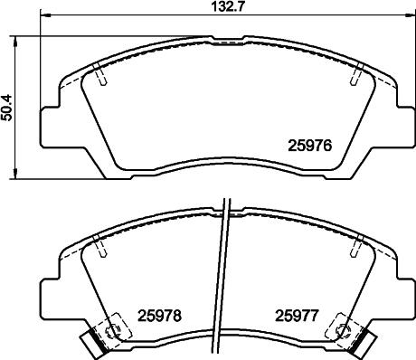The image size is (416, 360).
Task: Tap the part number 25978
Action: coord(160,317)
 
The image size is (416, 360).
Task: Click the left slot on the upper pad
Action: coord(103,79)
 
